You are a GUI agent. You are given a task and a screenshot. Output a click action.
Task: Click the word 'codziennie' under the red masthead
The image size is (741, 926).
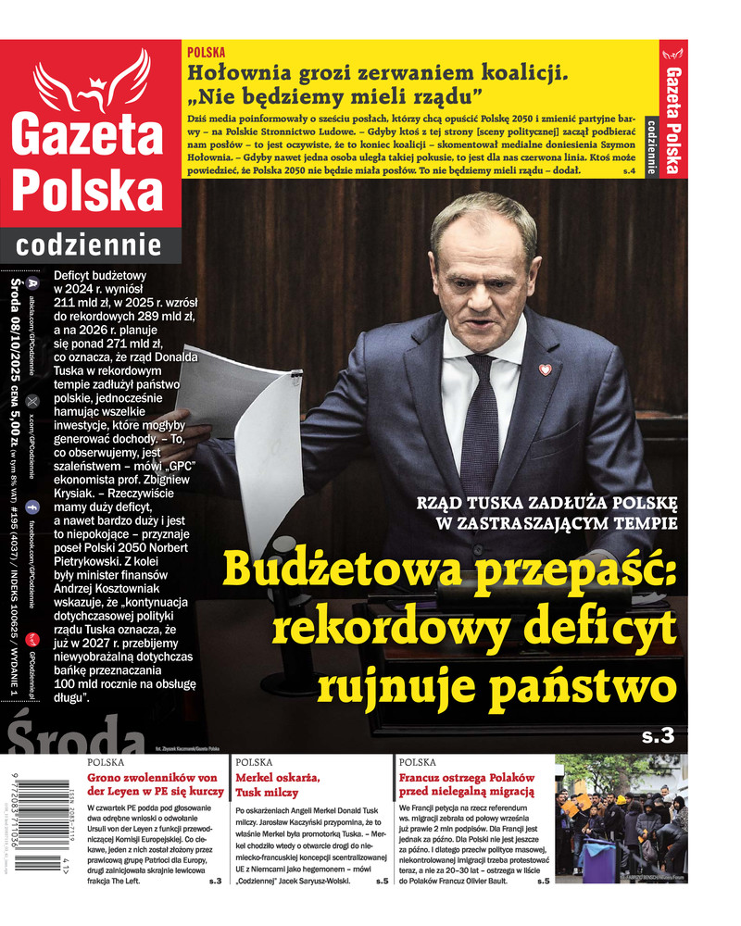[88, 245]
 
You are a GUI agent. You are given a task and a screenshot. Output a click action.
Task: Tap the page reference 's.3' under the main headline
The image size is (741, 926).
[659, 737]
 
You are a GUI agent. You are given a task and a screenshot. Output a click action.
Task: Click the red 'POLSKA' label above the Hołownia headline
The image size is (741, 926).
[206, 53]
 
